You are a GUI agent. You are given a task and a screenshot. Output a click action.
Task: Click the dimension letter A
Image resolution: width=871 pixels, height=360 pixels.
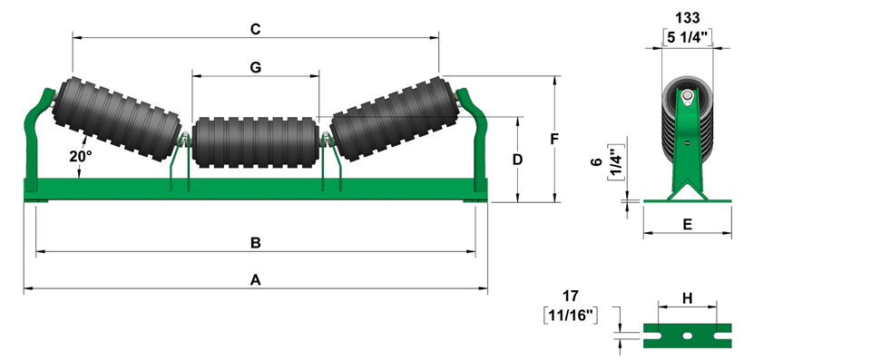[255, 280]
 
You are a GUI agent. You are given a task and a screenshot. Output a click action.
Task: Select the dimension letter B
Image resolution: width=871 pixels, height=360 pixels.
[256, 243]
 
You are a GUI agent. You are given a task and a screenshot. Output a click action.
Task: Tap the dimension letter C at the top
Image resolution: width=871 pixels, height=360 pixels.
[256, 29]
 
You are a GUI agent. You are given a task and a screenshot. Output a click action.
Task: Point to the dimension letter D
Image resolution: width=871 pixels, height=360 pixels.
[517, 160]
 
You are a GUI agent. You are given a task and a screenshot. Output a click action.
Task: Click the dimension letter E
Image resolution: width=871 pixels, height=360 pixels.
[687, 225]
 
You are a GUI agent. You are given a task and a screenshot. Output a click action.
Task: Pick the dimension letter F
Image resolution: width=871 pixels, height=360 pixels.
[554, 139]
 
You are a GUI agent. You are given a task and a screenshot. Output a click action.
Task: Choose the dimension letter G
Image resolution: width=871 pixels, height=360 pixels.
[256, 67]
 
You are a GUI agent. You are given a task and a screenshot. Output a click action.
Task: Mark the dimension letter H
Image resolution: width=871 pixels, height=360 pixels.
[687, 298]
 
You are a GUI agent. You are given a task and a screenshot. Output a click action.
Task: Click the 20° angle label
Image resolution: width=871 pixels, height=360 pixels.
[81, 157]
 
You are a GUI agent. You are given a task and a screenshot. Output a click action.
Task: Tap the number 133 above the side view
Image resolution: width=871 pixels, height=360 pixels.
[688, 18]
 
